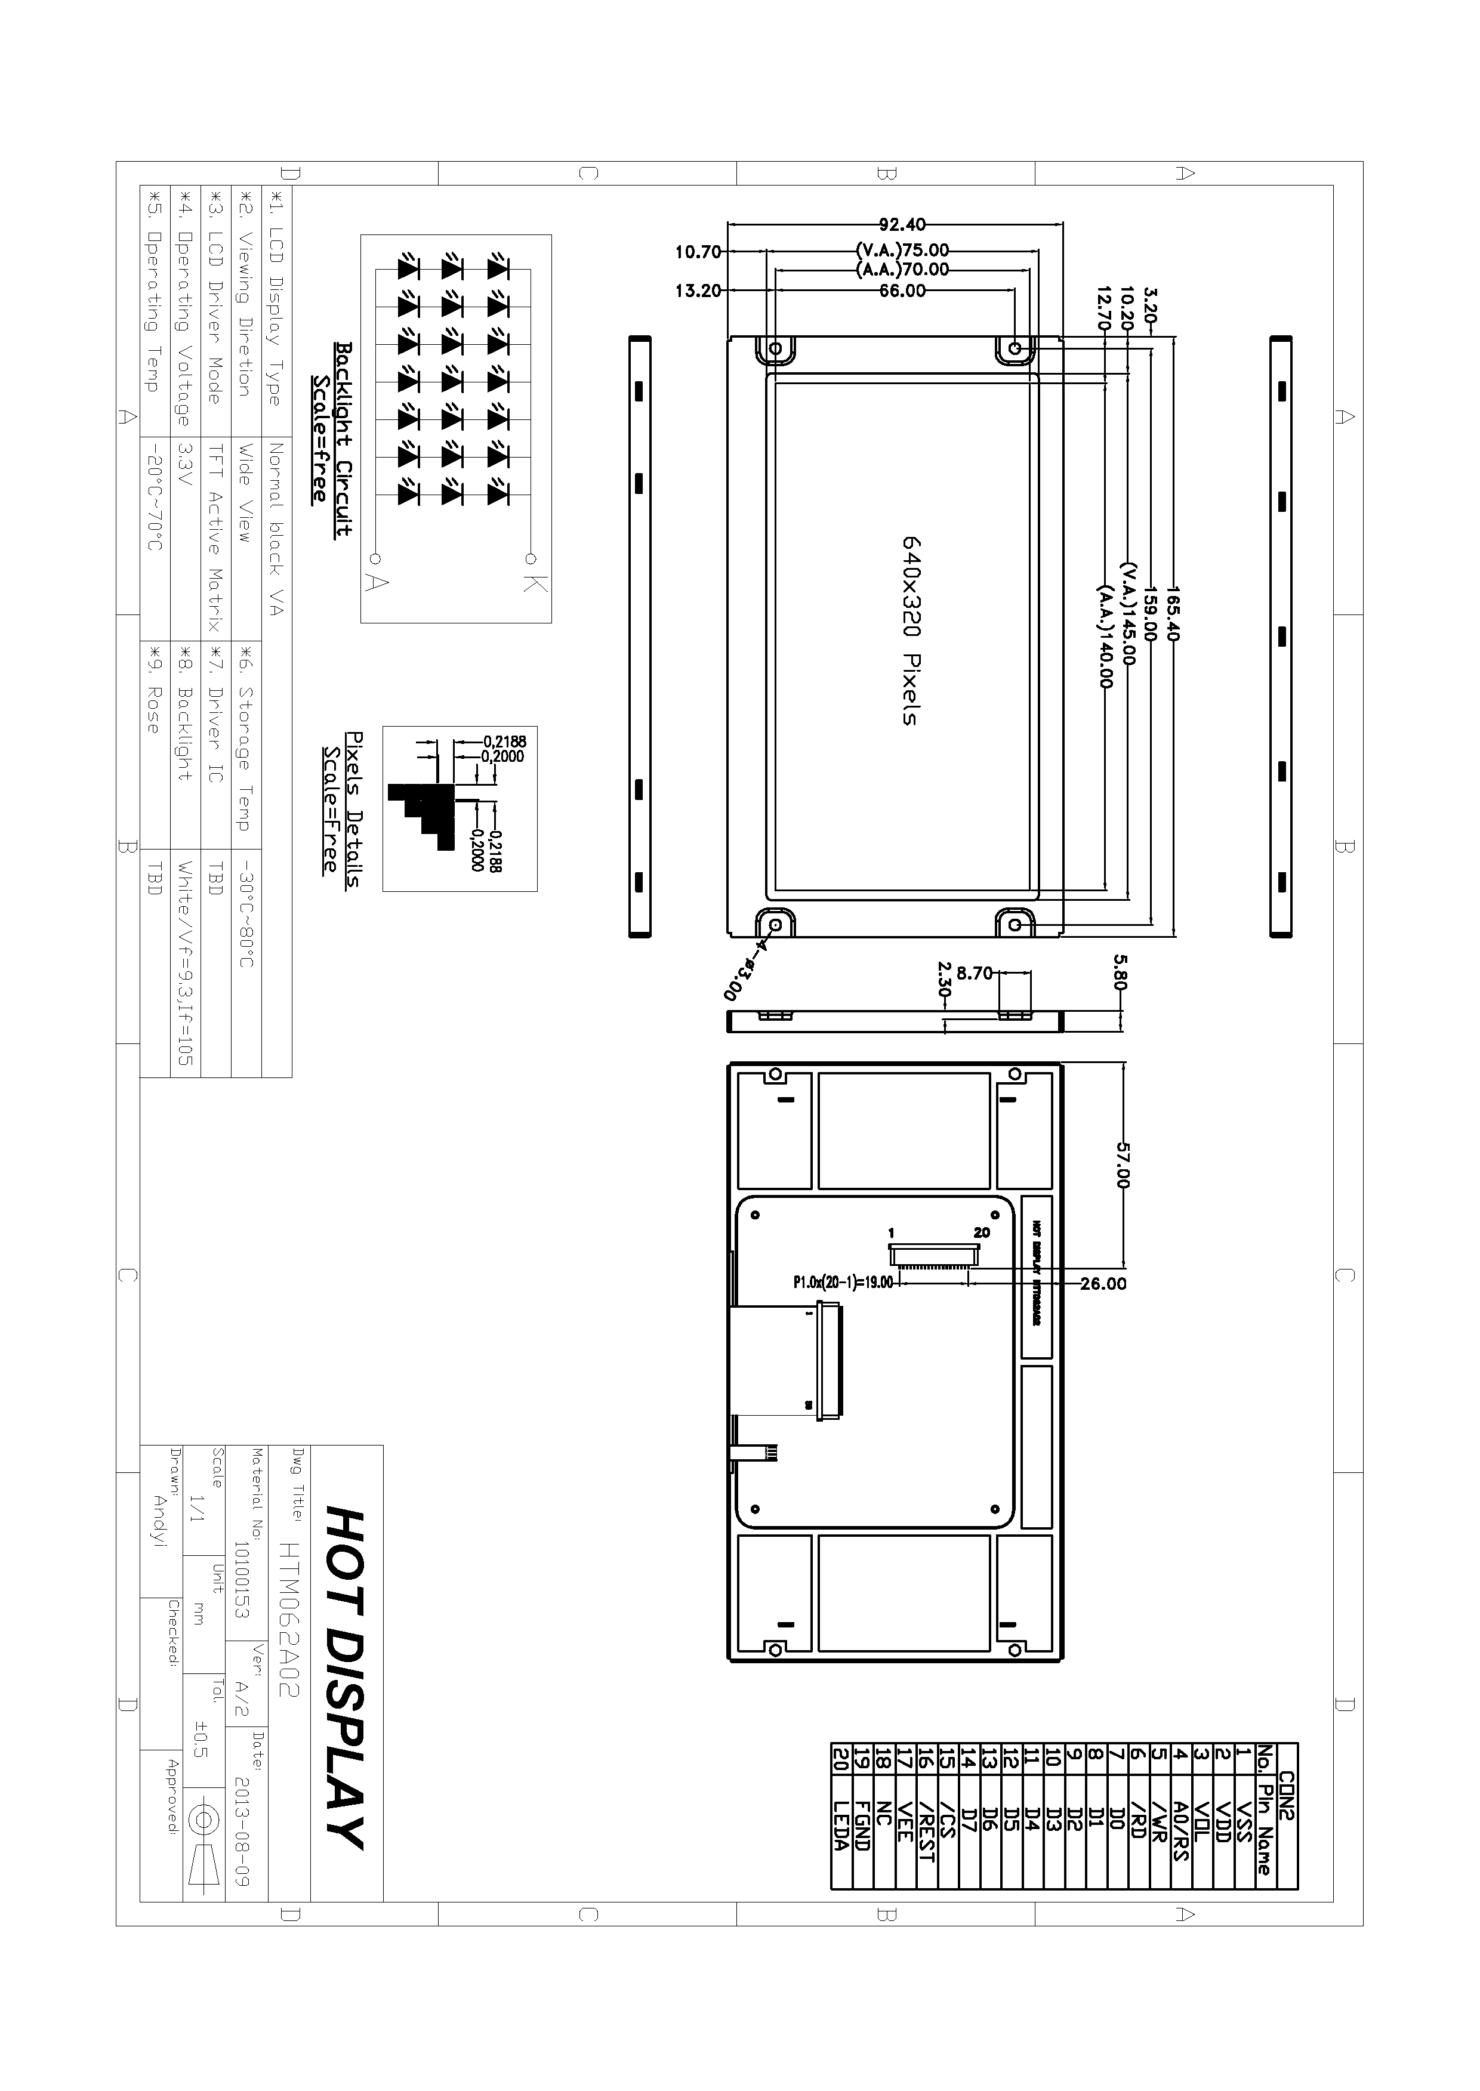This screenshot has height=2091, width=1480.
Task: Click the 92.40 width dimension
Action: [902, 224]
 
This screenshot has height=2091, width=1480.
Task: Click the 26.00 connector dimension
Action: [1103, 1284]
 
